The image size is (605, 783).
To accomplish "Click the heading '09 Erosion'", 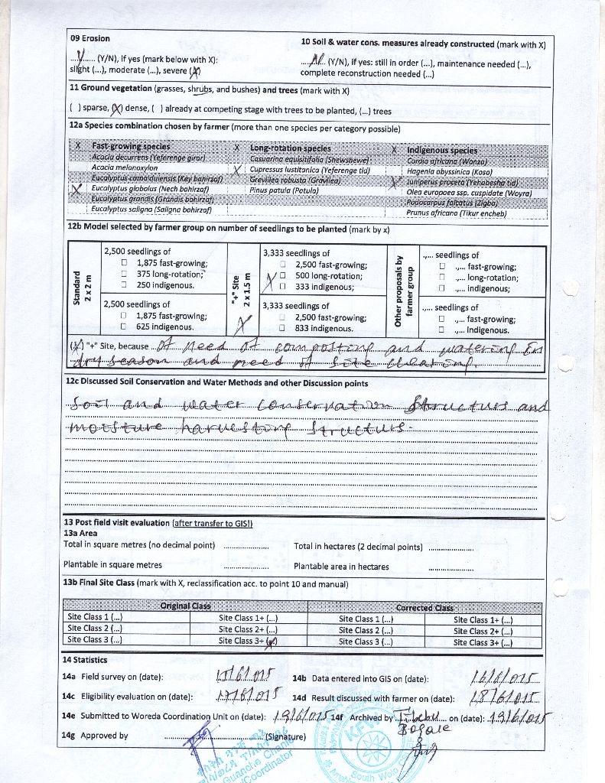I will click(90, 38).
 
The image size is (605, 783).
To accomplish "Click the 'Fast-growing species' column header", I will click(131, 145).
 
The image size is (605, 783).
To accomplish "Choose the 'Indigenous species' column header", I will click(442, 151).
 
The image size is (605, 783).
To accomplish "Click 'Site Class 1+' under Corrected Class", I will click(483, 620).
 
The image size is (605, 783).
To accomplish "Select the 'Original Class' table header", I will click(185, 606).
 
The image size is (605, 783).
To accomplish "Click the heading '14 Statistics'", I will click(85, 660).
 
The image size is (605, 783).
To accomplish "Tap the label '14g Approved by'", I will click(95, 736).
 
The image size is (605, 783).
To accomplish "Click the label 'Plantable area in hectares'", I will click(341, 567).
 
